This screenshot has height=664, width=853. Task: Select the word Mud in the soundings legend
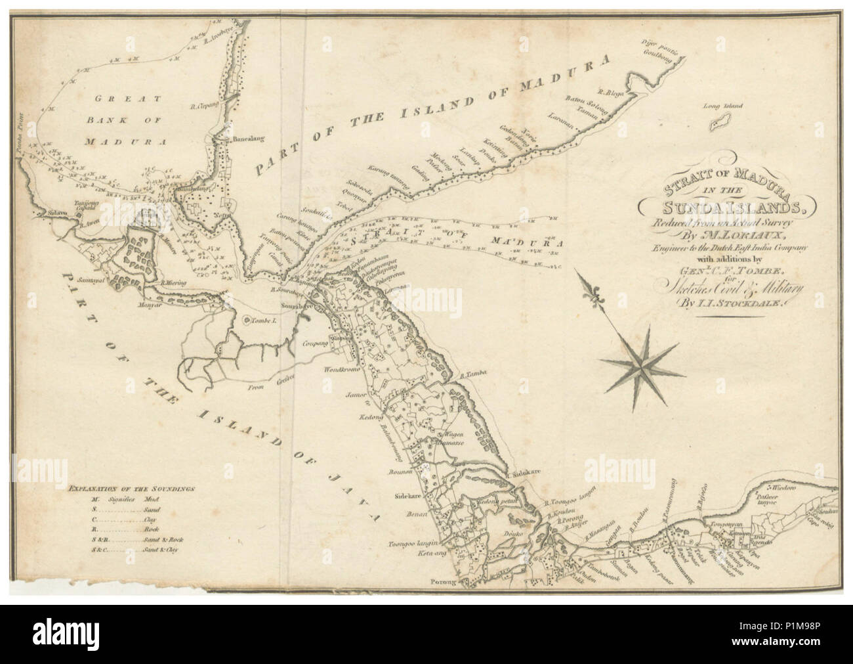152,499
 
